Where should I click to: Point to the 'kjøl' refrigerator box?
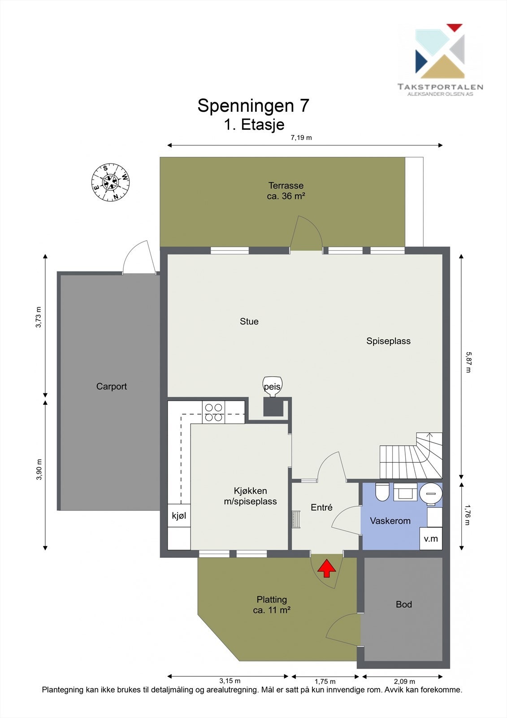(179, 516)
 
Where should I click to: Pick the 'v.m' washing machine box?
(431, 538)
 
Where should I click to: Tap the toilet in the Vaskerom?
(382, 492)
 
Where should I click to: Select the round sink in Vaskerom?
(431, 493)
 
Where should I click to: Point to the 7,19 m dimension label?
(301, 138)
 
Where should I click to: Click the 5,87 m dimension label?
(468, 363)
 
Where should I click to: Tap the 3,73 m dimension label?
(39, 317)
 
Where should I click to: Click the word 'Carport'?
(112, 386)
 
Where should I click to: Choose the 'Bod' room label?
(403, 604)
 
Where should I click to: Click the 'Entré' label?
(321, 508)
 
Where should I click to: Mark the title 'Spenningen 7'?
(253, 106)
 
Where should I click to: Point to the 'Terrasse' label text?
(286, 185)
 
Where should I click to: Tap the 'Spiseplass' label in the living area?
(388, 341)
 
